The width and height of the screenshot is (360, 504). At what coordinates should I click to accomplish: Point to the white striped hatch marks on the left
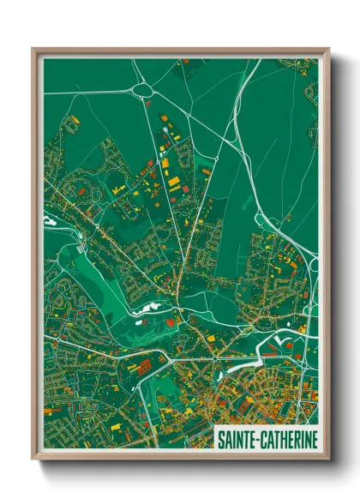click(81, 248)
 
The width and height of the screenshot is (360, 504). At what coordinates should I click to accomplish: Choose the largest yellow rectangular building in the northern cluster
click(174, 183)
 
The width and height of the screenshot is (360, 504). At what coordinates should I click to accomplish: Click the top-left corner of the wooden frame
click(33, 49)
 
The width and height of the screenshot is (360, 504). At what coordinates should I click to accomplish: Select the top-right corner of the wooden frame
click(329, 49)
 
